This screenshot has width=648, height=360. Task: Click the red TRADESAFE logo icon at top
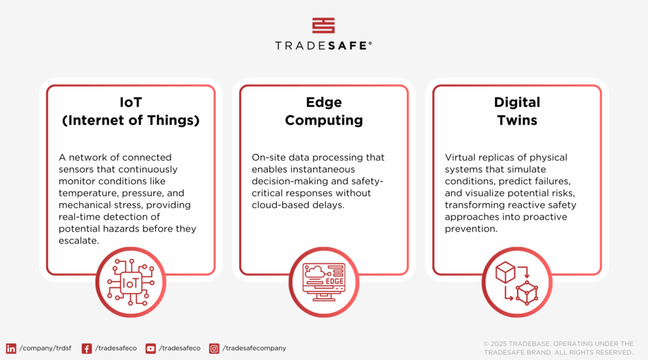pos(323,25)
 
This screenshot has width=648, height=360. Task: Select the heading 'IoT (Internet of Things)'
pos(130,111)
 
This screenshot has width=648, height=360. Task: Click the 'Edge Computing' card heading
pos(323,111)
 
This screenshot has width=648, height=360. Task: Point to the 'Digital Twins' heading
pos(517,111)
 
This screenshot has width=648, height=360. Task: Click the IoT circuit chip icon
pos(130,283)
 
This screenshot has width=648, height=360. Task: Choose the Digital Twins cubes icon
pos(517,283)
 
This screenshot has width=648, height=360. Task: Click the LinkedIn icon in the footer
pos(11,348)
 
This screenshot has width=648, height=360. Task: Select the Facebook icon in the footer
pos(87,348)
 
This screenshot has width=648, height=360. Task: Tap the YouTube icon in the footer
pos(151,348)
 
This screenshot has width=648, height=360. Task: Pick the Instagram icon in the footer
pos(215,348)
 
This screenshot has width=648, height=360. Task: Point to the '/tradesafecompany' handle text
pos(254,348)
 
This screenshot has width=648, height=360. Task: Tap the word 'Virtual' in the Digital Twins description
pos(460,157)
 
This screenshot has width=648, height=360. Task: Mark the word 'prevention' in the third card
pos(471,229)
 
